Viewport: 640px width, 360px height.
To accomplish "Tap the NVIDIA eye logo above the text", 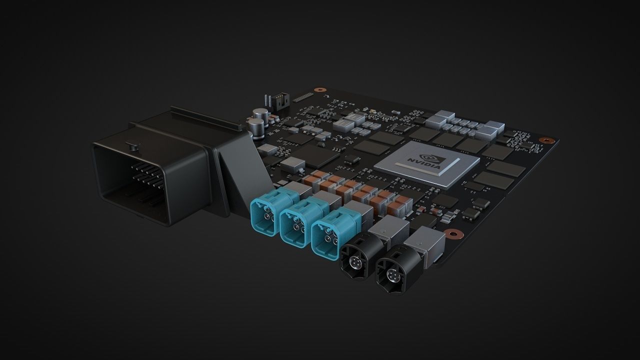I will point(435,153).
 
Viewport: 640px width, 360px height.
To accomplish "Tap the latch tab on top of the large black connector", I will point(132,146).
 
